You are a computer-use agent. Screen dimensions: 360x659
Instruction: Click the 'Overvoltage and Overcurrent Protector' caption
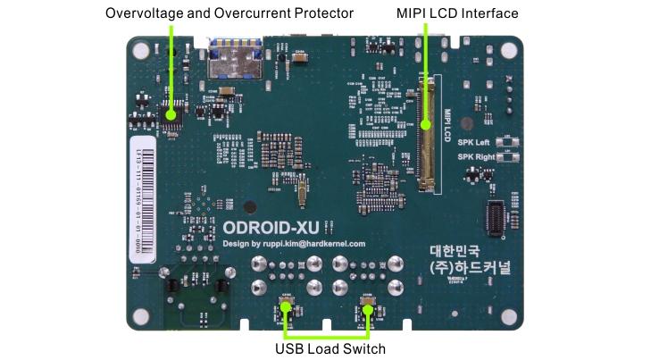coord(229,13)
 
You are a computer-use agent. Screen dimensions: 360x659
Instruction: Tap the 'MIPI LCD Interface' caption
coord(457,13)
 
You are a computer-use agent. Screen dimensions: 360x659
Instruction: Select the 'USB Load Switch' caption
coord(330,348)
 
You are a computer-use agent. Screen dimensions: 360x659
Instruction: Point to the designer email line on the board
coord(294,243)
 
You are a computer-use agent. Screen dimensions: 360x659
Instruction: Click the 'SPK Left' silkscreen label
coord(474,143)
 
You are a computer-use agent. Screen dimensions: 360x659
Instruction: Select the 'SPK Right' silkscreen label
coord(476,156)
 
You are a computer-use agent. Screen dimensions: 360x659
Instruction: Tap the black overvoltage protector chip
coord(172,113)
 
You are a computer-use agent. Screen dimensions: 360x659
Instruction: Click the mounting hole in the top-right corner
coord(509,46)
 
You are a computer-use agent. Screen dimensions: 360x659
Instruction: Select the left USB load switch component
coord(287,303)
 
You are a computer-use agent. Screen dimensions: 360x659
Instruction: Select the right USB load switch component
coord(367,303)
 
